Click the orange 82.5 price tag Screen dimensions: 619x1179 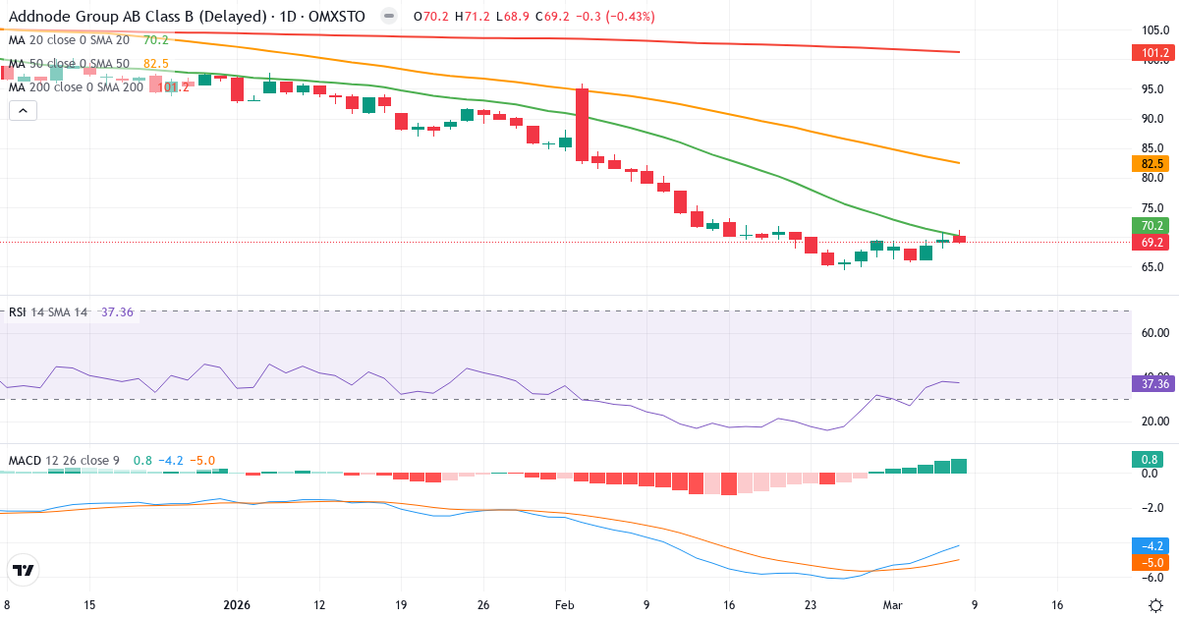click(1153, 164)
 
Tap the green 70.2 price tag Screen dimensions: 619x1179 click(1153, 225)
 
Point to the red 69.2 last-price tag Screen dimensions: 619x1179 click(1153, 242)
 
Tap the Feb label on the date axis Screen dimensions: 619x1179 click(564, 605)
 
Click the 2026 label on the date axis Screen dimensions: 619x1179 click(238, 605)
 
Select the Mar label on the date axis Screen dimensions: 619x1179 click(892, 605)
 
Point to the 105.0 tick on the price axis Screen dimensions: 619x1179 click(1154, 28)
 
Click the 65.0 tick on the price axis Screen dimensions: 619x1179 click(1154, 266)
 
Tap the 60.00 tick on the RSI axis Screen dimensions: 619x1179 click(1154, 332)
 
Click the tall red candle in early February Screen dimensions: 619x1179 click(583, 125)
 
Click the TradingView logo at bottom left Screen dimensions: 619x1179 click(24, 570)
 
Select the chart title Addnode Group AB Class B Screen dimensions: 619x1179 click(138, 17)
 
